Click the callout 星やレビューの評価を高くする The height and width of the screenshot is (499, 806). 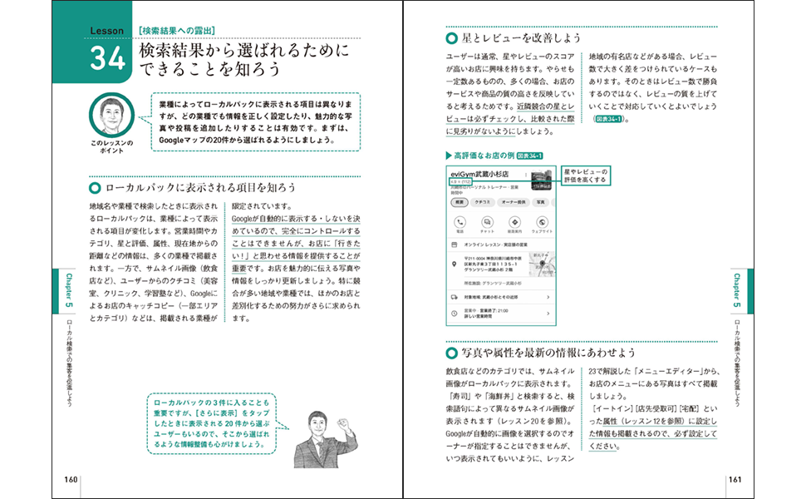click(586, 175)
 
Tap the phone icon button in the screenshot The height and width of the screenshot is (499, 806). click(459, 223)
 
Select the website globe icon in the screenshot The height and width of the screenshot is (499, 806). click(542, 223)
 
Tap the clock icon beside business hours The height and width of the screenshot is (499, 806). click(454, 314)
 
